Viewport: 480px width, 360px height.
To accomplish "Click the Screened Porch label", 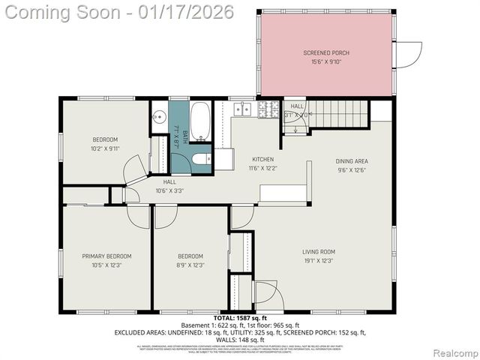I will coord(326,52).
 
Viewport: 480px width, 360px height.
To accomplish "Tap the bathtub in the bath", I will coord(200,121).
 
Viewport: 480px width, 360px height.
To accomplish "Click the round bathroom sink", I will coord(159,118).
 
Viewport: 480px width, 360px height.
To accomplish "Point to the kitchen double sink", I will coord(242,109).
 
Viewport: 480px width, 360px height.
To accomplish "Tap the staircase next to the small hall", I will coord(340,114).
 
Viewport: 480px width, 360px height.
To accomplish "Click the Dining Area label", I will coord(352,161).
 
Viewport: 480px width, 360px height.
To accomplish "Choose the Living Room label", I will coord(318,251).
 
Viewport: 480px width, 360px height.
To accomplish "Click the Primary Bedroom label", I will coord(106,256).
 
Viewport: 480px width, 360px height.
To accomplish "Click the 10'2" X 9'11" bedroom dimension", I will coord(105,148).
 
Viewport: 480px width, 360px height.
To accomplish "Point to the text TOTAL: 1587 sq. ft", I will coord(240,319).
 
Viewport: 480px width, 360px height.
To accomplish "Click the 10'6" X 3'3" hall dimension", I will coord(169,190).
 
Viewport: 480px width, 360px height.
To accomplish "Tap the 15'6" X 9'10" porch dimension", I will coord(326,62).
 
